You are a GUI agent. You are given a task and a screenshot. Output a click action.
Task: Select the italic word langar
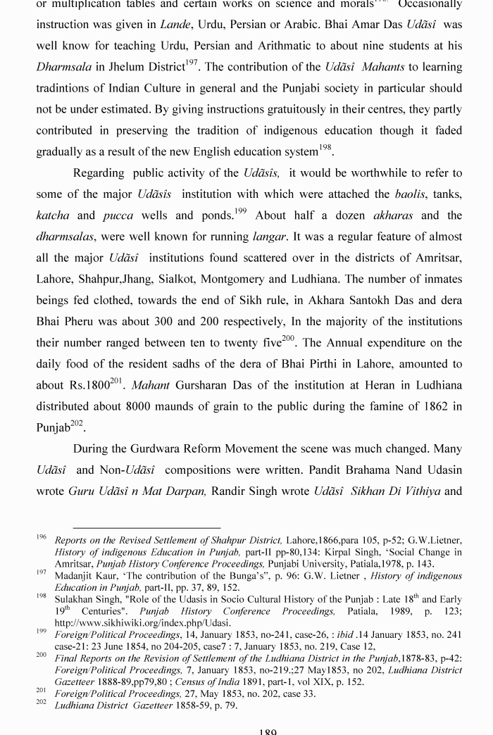tap(270, 237)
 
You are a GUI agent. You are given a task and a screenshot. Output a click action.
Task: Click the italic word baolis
tap(409, 194)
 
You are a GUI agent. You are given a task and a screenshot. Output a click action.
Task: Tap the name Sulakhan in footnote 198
tap(73, 598)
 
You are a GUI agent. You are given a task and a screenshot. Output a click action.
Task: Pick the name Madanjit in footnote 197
tap(74, 575)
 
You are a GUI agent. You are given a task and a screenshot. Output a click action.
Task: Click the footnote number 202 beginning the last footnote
tap(42, 703)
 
